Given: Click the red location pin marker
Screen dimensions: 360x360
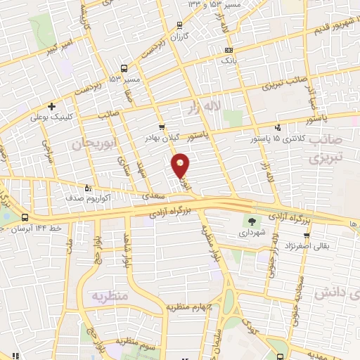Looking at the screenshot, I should coord(181,166).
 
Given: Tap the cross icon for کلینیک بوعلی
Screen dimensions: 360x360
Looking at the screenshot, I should coord(52,106).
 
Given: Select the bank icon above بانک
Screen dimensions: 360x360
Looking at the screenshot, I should coord(228,51).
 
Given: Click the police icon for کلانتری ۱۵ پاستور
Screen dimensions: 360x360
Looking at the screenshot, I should coord(278,128).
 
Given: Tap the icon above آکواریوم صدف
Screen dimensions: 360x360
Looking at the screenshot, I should coord(88,188).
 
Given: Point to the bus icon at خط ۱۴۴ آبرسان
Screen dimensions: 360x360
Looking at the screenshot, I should coord(25,218).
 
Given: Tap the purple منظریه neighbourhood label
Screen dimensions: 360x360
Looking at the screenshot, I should coord(109,297).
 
